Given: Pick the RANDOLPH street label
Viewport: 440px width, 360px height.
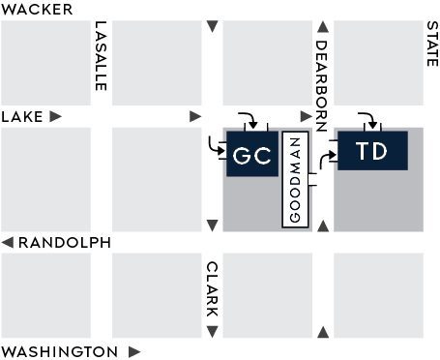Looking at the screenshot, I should pyautogui.click(x=64, y=242).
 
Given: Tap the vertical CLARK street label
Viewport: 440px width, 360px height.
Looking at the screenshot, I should pyautogui.click(x=212, y=289).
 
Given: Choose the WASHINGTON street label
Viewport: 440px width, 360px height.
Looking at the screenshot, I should pyautogui.click(x=60, y=351).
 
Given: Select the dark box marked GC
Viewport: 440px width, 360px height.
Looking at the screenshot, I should pyautogui.click(x=253, y=156).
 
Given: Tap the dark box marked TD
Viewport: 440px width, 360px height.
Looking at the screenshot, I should pyautogui.click(x=371, y=150).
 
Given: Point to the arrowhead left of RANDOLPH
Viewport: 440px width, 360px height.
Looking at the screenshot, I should pyautogui.click(x=8, y=242).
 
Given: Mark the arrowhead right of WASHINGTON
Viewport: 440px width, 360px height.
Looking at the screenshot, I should pyautogui.click(x=134, y=351).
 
